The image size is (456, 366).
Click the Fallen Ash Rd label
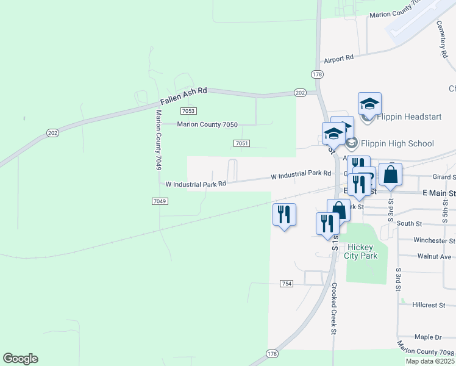[183, 96]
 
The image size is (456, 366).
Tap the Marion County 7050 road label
[207, 124]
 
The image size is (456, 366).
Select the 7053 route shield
[188, 110]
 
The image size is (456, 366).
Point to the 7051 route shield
[241, 143]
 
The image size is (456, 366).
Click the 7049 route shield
[159, 201]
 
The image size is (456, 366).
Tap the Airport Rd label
[339, 59]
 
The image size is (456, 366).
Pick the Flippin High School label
[397, 143]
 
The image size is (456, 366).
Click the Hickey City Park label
[362, 251]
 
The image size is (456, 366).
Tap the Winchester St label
[433, 240]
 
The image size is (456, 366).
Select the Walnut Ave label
[435, 257]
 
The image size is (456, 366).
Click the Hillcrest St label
[432, 304]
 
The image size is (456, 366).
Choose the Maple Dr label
[428, 337]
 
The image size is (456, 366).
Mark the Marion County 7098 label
[426, 351]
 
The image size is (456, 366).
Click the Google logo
[20, 359]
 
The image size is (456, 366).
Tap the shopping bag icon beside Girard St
[390, 174]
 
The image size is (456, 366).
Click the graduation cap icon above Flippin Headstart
[369, 104]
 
